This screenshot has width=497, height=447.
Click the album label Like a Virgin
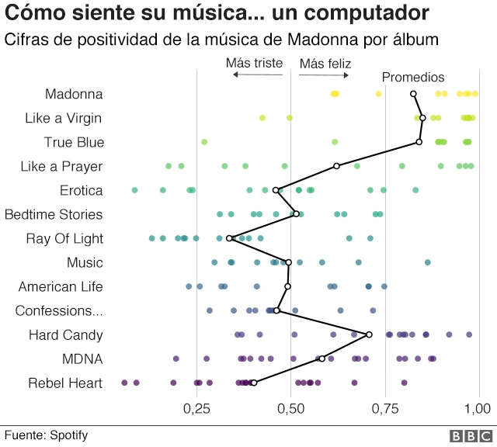coord(64,118)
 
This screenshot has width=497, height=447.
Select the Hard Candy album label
coord(66,334)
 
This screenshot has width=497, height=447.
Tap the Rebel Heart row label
coord(65,383)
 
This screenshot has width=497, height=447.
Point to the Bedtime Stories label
coord(54,214)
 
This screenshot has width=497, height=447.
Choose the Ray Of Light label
coord(64,238)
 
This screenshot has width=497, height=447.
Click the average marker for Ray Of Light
coord(230,238)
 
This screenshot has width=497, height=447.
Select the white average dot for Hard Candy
coord(369,334)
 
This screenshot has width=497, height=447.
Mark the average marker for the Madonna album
coord(413,94)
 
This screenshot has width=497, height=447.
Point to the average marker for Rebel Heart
coord(254,383)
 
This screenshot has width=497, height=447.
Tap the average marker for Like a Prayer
coord(336,166)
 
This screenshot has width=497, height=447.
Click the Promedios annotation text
coord(413,78)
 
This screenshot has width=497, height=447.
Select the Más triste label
coord(254,63)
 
